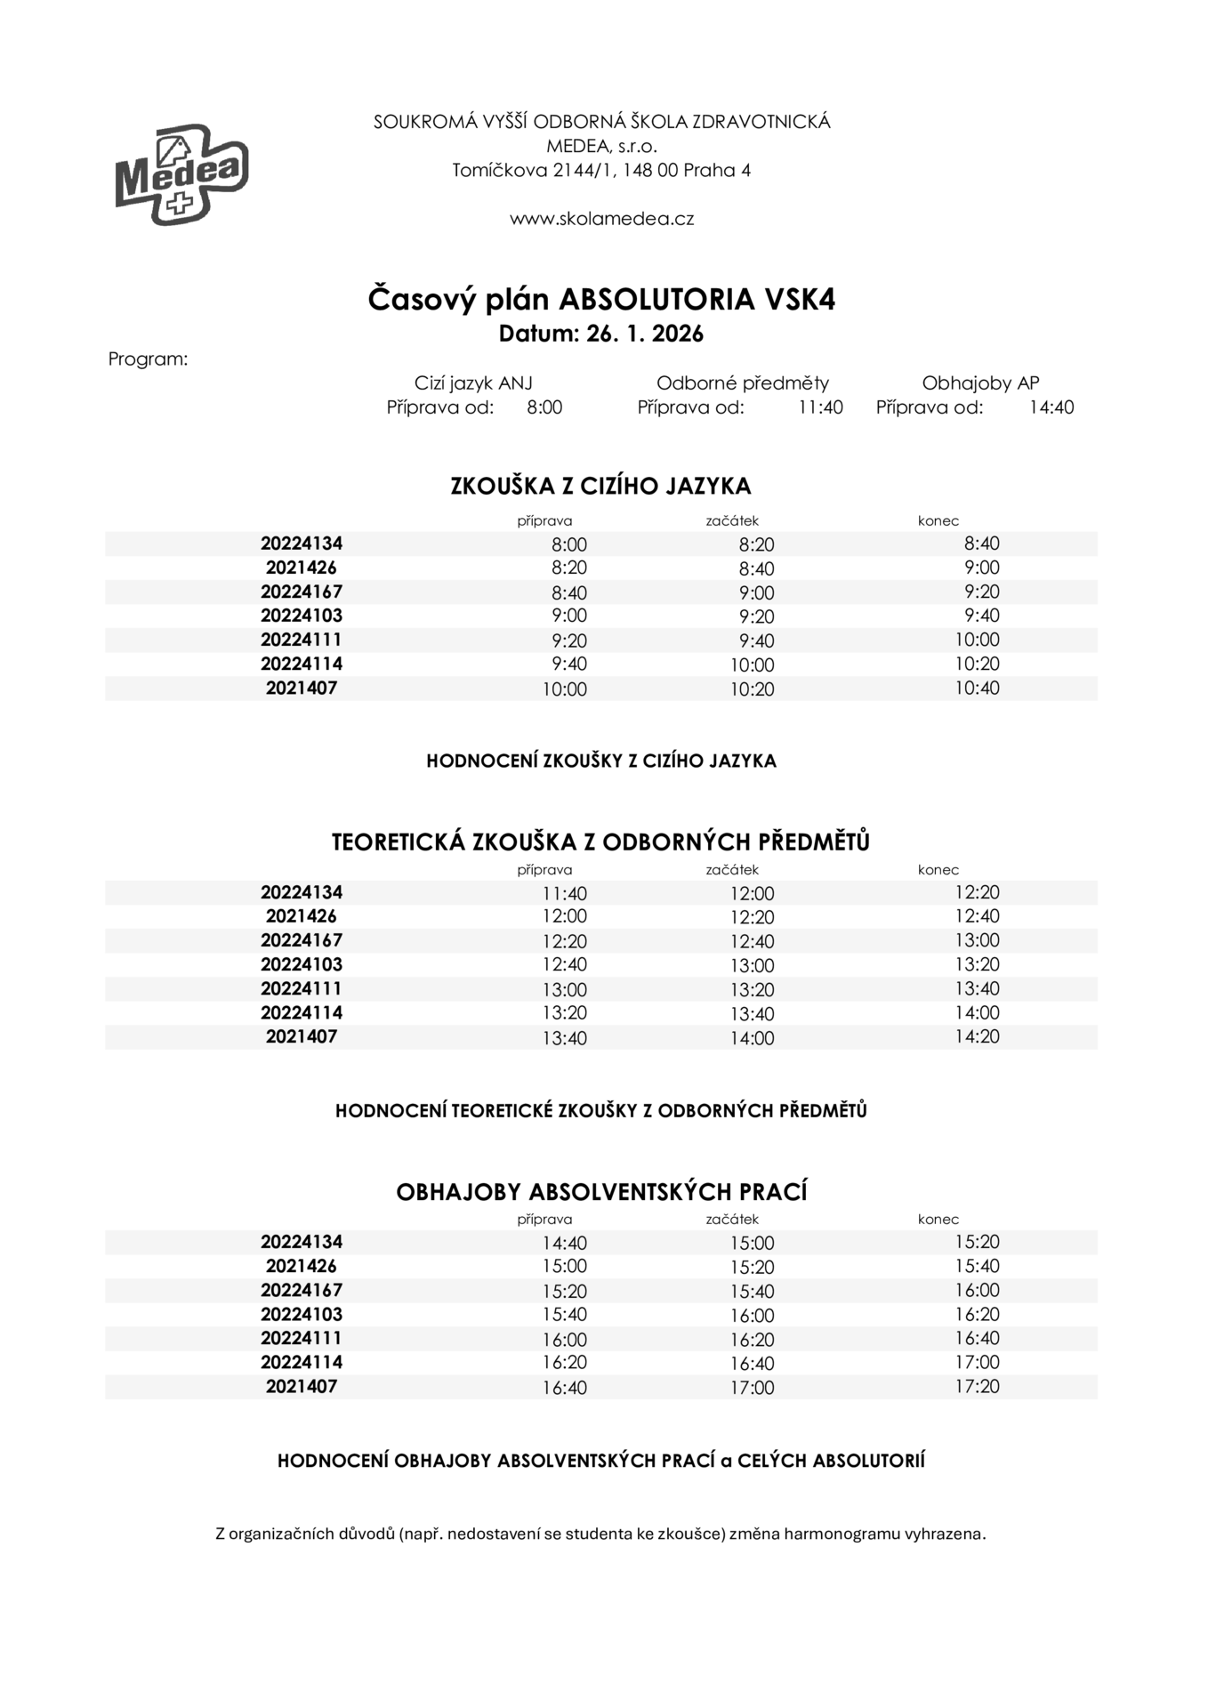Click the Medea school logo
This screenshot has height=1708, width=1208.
click(x=181, y=173)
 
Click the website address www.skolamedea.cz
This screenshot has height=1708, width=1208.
click(x=601, y=219)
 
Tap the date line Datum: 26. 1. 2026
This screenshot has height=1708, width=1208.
click(x=601, y=334)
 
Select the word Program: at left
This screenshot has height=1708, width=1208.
click(x=148, y=359)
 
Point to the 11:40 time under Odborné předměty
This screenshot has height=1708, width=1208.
click(x=820, y=407)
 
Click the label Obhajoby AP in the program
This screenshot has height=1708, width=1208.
click(x=980, y=383)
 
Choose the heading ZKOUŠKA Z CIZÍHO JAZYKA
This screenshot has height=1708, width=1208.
click(x=601, y=487)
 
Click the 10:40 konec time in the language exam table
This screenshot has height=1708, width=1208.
click(x=977, y=688)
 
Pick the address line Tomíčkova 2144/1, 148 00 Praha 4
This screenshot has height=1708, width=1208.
click(x=601, y=170)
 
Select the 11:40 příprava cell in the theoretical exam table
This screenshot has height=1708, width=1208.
click(x=565, y=893)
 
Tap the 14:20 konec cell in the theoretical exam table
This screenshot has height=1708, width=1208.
click(x=977, y=1036)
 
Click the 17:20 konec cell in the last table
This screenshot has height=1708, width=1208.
click(x=977, y=1386)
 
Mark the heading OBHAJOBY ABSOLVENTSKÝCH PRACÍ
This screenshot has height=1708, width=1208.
click(x=601, y=1192)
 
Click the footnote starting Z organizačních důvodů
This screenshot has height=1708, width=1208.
click(x=601, y=1534)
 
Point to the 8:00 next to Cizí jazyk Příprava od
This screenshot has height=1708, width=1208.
click(x=544, y=407)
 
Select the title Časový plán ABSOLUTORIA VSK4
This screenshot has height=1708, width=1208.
click(x=601, y=300)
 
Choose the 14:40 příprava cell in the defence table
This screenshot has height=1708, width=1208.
click(x=565, y=1243)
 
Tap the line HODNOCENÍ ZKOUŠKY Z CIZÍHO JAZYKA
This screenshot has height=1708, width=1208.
click(x=601, y=761)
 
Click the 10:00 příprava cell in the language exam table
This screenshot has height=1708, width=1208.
click(x=565, y=689)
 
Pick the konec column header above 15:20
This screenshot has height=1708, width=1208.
click(x=938, y=1220)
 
